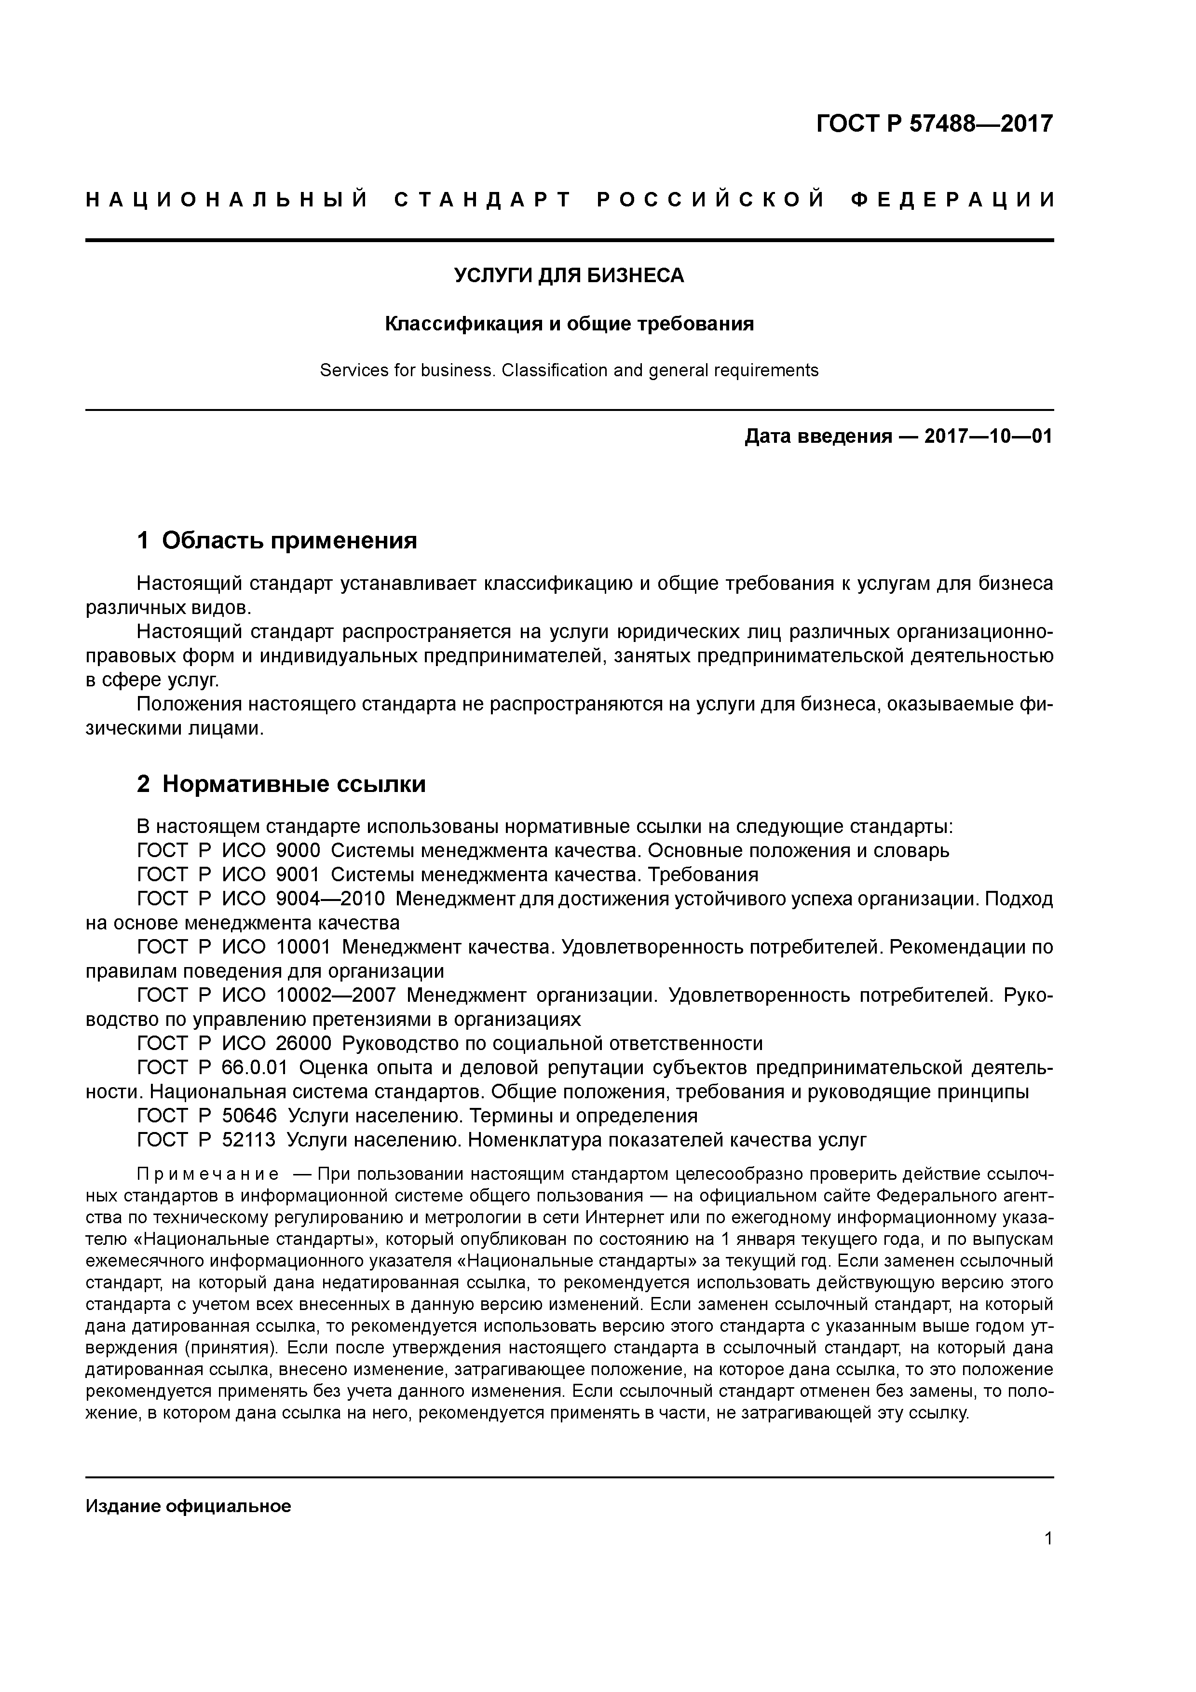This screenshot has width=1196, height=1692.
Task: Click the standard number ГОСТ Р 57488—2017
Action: [x=935, y=123]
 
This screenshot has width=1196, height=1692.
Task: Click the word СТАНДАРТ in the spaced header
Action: [x=483, y=200]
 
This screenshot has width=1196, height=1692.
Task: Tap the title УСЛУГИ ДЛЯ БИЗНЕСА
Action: [x=569, y=275]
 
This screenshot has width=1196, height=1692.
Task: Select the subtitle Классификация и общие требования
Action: [x=569, y=324]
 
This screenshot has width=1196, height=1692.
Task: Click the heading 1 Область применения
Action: [x=277, y=540]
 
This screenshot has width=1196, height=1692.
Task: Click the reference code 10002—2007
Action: [x=336, y=996]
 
